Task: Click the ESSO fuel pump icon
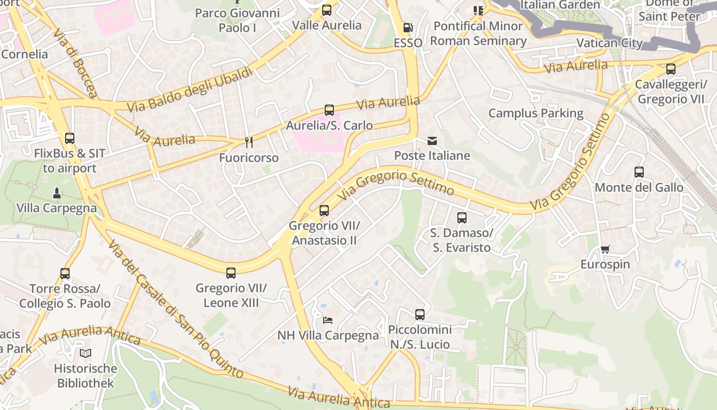coord(408,28)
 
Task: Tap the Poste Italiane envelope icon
coord(432,141)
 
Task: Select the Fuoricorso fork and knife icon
coord(249,142)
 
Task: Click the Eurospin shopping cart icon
coord(605,250)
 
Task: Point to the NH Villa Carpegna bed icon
coord(328,320)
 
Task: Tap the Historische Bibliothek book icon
coord(86,353)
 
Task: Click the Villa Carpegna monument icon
coord(57,193)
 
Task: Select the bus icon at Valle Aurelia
coord(327,10)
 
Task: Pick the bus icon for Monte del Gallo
coord(639,172)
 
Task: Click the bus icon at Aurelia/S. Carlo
coord(329,110)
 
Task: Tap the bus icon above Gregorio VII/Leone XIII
coord(231,273)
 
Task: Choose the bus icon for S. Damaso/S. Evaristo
coord(462,218)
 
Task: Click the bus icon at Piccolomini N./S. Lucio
coord(420,315)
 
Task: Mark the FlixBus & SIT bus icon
coord(70,138)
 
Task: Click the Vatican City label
coord(609,43)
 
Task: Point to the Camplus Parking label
coord(536,113)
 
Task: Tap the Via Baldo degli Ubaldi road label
coord(191,90)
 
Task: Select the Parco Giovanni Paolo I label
coord(238,20)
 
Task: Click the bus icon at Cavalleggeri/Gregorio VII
coord(670,69)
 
